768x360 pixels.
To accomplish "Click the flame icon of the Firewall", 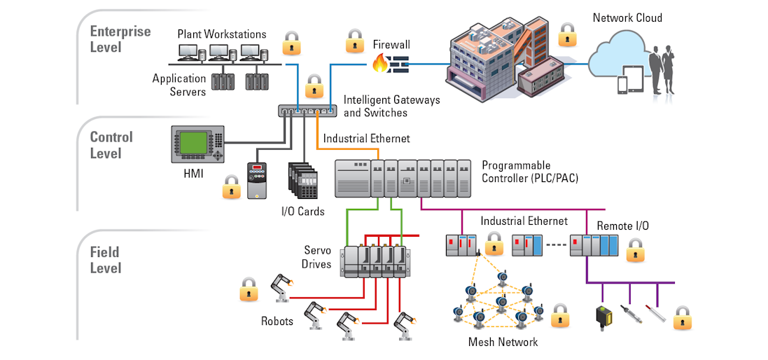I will tap(379, 65).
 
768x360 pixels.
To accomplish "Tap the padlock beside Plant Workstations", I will tap(291, 44).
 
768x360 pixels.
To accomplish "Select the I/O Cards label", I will tap(303, 211).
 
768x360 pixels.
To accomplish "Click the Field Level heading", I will tap(106, 260).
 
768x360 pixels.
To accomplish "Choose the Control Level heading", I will tap(111, 145).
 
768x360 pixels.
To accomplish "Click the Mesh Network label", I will tap(503, 342).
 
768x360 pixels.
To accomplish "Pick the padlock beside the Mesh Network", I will tap(560, 316).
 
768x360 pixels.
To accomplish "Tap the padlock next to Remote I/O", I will tap(635, 249).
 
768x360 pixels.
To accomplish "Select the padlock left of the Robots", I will tap(249, 289).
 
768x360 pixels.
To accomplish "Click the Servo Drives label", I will tap(316, 257).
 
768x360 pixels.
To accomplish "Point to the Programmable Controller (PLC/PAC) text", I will tap(530, 172).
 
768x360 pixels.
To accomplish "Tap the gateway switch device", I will tap(307, 111).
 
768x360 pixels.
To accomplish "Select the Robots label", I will tap(277, 321).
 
